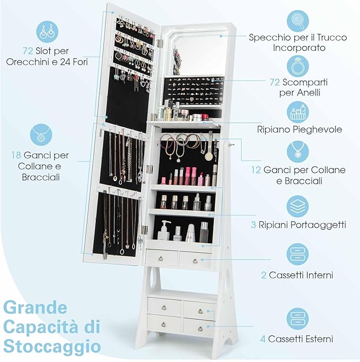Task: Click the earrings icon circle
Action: coord(47,32)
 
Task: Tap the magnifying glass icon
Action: coord(298,21)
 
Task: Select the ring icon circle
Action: coord(298,66)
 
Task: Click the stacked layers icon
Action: coord(298,206)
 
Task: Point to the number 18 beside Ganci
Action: coord(16,156)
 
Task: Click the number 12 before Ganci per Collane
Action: coord(256,170)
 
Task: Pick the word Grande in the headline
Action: coord(36,307)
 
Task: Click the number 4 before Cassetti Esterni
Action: coord(263,339)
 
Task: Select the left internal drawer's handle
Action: coord(161,259)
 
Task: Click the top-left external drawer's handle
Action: coord(164,307)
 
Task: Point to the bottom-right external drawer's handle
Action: coord(200,328)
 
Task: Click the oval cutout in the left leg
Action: coord(154,278)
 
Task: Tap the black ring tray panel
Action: coord(194,91)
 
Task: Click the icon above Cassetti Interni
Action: coord(298,254)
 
